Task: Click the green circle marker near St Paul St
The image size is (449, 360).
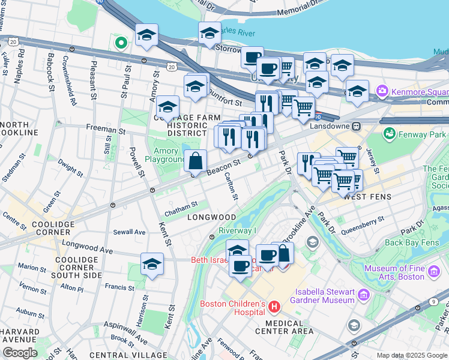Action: tap(121, 43)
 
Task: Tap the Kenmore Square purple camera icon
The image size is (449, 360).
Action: tap(381, 92)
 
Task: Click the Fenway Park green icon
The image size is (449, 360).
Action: tap(390, 133)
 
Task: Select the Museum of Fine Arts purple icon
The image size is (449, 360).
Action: tap(433, 274)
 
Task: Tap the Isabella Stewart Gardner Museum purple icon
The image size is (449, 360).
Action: tap(363, 295)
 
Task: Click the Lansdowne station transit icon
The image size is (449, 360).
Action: tap(356, 127)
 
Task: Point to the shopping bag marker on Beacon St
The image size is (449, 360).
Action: tap(196, 161)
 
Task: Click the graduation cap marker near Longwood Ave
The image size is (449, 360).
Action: tap(152, 264)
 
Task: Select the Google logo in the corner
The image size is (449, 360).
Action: tap(20, 353)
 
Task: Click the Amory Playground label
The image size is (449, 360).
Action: tap(165, 155)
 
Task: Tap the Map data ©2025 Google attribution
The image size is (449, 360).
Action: tap(412, 355)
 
